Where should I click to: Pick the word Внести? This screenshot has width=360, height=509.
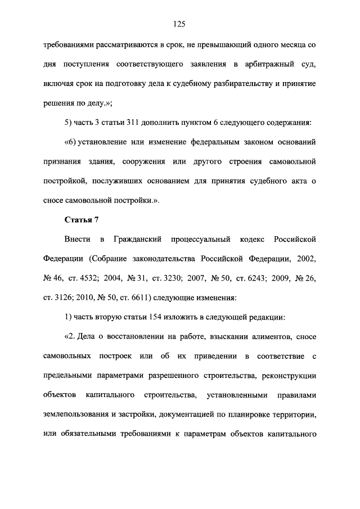click(x=79, y=240)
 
